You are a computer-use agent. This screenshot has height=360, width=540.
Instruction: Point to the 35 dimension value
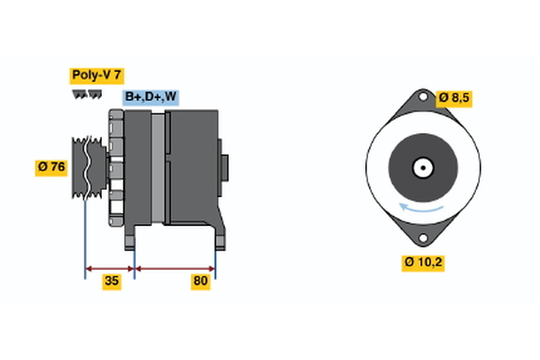tap(112, 282)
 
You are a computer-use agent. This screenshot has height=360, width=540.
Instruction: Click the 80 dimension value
tap(202, 282)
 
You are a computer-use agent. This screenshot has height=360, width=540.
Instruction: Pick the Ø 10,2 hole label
tap(423, 263)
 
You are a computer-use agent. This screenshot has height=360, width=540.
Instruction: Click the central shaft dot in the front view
tap(421, 167)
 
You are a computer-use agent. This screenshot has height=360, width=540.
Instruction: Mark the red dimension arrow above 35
tap(110, 267)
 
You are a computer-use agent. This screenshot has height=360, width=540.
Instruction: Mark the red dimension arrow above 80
tap(175, 267)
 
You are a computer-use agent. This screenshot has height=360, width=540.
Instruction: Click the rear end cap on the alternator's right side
tap(224, 168)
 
